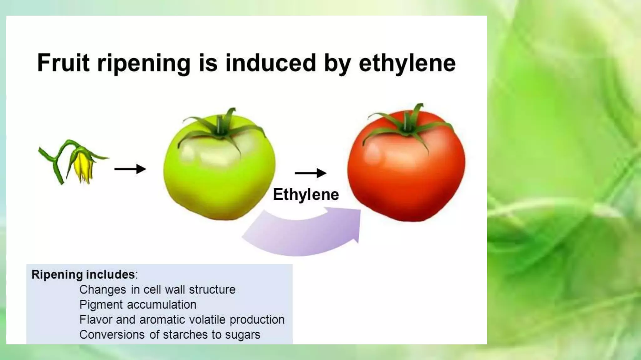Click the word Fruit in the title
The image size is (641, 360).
tap(64, 63)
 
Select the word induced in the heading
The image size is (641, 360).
tap(270, 63)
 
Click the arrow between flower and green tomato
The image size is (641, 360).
tap(130, 169)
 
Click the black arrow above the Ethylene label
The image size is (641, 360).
tap(310, 173)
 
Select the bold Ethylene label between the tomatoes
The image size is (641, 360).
tap(306, 194)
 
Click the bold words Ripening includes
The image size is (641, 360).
tap(83, 274)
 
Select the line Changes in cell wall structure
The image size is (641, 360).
tap(157, 290)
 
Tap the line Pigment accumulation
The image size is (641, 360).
tap(138, 305)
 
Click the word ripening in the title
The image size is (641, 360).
tap(144, 63)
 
